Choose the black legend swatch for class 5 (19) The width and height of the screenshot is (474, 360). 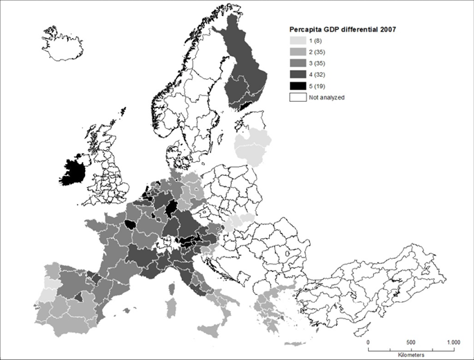[x=297, y=87]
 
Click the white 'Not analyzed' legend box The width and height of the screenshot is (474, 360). [x=297, y=98]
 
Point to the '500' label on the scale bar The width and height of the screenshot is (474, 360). [x=412, y=342]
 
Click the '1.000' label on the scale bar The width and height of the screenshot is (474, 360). [x=453, y=342]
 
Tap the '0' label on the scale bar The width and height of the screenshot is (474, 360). [x=368, y=342]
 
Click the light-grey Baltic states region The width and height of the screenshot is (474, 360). [x=250, y=148]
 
